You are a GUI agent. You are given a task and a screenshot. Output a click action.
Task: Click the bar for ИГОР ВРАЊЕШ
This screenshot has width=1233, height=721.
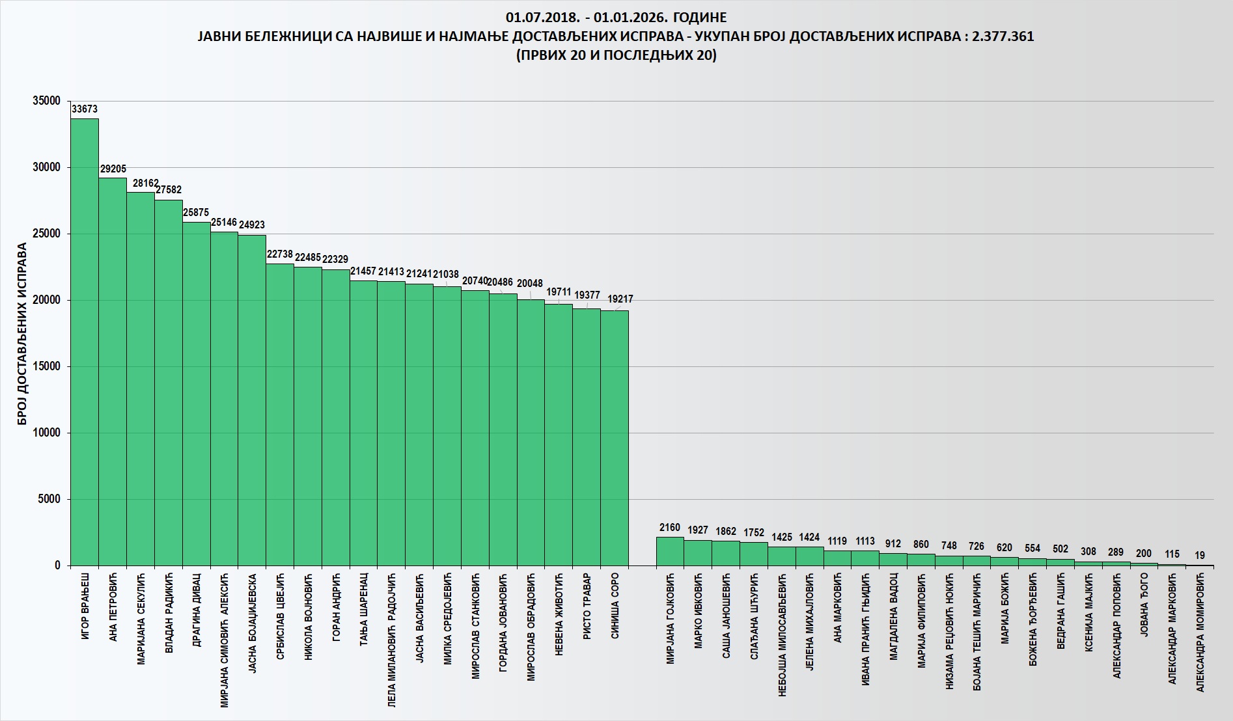85,342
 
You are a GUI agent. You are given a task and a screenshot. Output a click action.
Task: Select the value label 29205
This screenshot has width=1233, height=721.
113,169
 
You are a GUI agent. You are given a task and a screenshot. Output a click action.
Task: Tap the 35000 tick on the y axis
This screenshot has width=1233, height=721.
46,101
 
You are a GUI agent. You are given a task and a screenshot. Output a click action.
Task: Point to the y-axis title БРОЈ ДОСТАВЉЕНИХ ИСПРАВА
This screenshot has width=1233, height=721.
23,333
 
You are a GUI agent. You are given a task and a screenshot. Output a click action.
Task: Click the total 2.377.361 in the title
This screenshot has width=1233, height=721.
1003,36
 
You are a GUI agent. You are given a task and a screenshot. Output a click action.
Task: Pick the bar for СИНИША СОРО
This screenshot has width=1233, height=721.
614,437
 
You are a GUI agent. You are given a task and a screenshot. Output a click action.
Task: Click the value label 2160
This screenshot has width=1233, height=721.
670,528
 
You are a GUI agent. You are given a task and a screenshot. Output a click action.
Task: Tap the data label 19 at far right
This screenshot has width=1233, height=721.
1200,556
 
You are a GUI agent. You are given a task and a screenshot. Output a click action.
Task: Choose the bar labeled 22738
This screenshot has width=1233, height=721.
280,414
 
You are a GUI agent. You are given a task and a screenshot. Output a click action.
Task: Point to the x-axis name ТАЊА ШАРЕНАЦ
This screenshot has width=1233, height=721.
364,609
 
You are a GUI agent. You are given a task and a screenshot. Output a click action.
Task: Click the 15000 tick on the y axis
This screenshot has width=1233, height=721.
46,366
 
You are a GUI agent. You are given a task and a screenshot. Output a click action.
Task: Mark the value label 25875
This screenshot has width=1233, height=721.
196,213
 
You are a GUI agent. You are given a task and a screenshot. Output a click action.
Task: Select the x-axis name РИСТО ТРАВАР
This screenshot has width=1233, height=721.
587,606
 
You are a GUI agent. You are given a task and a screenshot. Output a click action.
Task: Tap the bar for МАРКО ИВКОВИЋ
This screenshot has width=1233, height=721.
698,552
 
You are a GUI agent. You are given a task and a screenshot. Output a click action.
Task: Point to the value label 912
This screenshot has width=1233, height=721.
893,544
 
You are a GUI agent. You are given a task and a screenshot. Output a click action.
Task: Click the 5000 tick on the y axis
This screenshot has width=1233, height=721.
49,499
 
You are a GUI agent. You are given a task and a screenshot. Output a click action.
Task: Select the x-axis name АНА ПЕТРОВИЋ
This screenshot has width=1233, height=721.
113,606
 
